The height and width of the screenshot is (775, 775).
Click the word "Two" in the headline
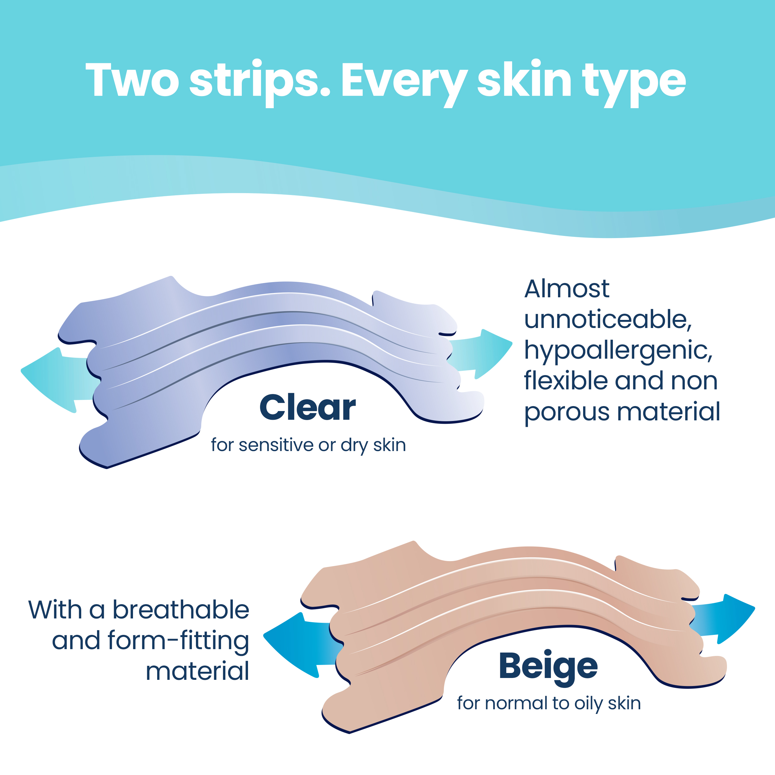click(132, 80)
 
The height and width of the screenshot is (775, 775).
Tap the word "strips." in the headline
click(260, 83)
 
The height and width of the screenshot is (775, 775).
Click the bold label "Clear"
click(308, 408)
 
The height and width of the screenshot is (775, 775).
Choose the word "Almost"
click(567, 289)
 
